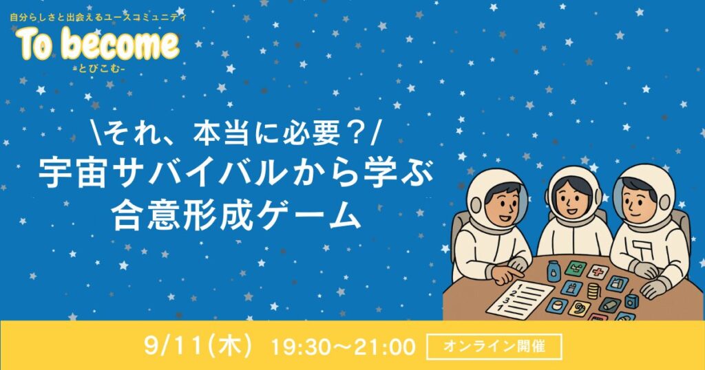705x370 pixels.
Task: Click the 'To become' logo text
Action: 98,44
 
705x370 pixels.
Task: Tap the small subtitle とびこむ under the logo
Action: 101,68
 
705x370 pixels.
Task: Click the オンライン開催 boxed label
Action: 494,346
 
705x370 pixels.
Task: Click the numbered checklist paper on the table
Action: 520,299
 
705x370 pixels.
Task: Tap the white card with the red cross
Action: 598,271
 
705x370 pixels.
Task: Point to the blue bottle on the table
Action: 554,272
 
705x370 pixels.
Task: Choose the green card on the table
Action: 576,268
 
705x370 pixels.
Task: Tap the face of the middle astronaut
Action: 571,198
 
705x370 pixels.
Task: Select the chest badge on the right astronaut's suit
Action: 640,248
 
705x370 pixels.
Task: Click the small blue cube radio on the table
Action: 632,300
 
